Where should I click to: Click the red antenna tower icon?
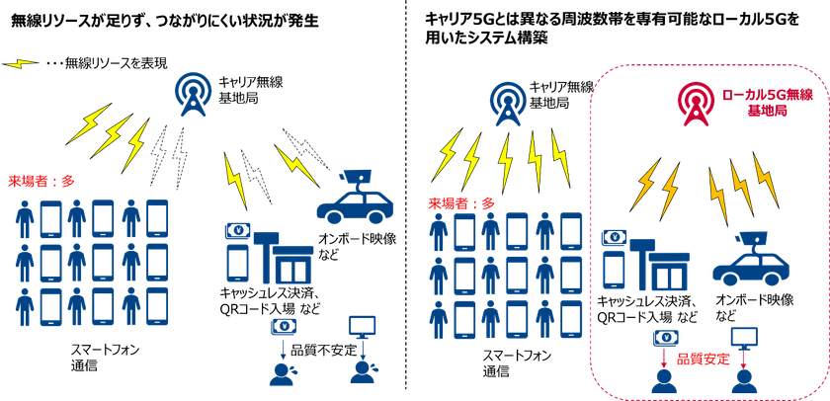(696, 102)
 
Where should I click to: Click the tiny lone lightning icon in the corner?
(20, 64)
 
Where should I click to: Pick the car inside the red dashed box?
(749, 266)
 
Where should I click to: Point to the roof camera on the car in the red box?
(754, 238)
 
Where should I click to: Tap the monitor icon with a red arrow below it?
(743, 337)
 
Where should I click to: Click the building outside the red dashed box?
(283, 257)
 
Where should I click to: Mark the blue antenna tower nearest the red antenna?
(508, 103)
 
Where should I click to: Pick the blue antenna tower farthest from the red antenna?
(193, 94)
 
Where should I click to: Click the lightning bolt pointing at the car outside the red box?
(295, 165)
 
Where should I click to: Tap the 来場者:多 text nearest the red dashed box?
(460, 202)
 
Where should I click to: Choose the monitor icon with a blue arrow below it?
(363, 325)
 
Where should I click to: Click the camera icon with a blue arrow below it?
(284, 325)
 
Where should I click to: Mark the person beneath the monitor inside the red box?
(744, 379)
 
